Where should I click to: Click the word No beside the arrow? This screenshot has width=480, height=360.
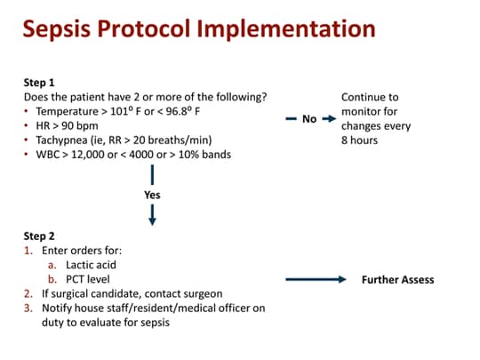pyautogui.click(x=309, y=119)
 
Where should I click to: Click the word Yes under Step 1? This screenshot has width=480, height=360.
pyautogui.click(x=152, y=194)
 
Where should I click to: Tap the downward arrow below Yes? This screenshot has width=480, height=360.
pyautogui.click(x=152, y=214)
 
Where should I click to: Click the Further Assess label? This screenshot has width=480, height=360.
pyautogui.click(x=397, y=279)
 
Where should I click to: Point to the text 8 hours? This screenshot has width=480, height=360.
pyautogui.click(x=360, y=140)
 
